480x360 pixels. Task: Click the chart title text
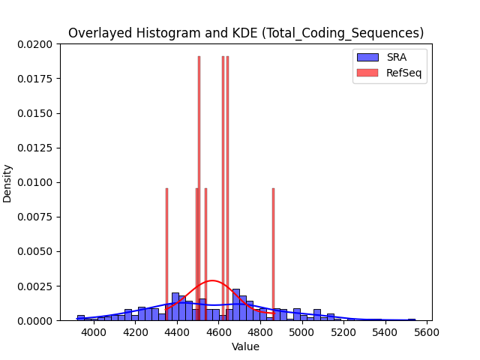pos(246,33)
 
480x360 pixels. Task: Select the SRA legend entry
pos(382,57)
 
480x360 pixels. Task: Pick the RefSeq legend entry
pos(389,73)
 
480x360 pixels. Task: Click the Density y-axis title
pos(7,184)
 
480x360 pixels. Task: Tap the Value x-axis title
pos(245,346)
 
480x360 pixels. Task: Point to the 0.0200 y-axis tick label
pos(35,45)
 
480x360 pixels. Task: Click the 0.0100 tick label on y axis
pos(35,182)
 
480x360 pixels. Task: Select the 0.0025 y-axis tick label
pos(35,286)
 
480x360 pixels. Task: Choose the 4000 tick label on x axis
pos(94,332)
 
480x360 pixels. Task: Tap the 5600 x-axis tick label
pos(427,332)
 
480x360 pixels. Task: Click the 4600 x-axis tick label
pos(218,332)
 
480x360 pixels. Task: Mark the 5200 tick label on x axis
pos(343,332)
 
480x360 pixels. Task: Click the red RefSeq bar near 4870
pos(273,254)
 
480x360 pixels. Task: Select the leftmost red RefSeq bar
pos(166,254)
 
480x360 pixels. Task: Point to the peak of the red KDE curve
pos(212,280)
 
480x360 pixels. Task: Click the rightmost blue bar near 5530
pos(412,319)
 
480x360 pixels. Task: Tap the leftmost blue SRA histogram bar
pos(81,318)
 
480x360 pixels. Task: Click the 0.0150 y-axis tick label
pos(35,113)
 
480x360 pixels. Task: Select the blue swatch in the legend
pos(367,57)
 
